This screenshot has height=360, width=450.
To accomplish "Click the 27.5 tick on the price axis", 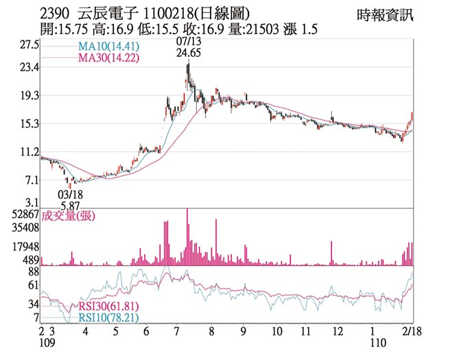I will click(29, 45).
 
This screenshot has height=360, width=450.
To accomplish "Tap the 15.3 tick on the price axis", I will click(29, 123).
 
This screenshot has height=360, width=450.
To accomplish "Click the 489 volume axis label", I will click(31, 260).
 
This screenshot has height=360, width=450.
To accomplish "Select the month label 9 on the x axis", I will click(244, 331).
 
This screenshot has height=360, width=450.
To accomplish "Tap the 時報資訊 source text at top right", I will click(386, 14).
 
